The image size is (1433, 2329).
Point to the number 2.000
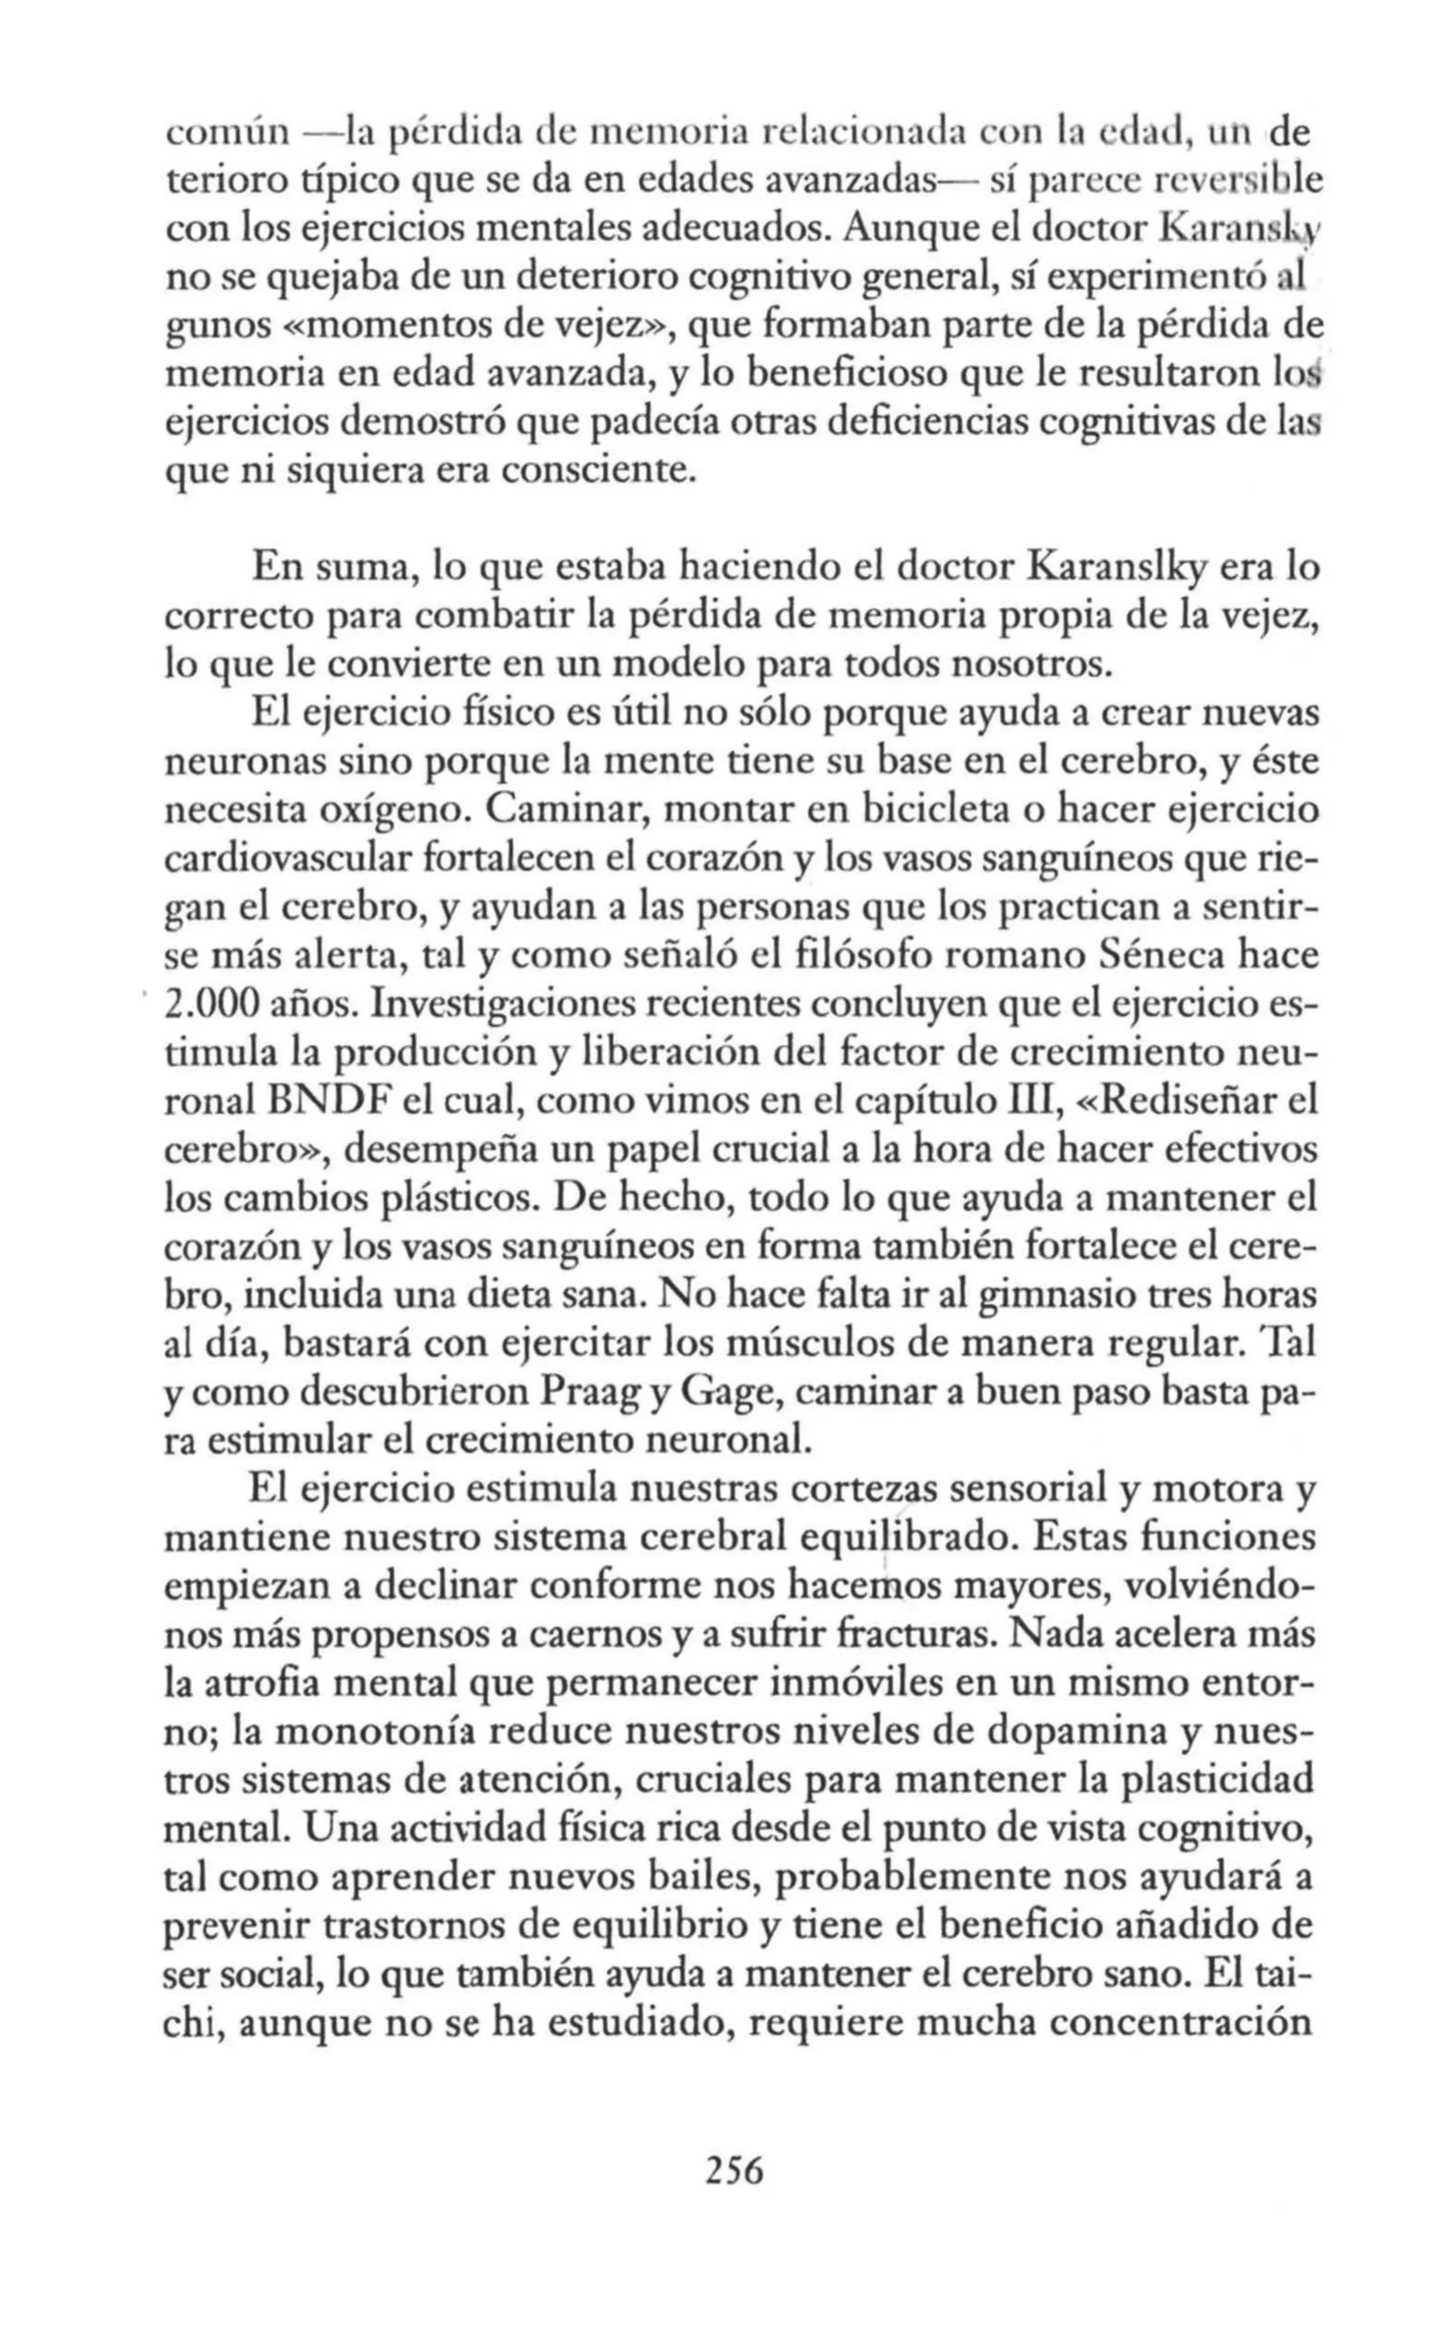211,1004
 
